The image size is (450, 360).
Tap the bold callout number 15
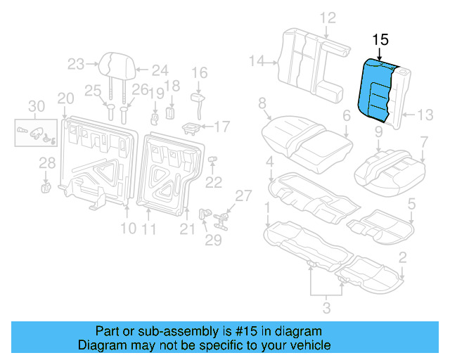pos(380,40)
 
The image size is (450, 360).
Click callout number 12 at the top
pos(328,18)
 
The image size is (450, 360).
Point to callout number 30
pos(36,106)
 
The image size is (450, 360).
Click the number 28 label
pos(46,164)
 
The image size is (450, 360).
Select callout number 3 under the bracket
pos(326,307)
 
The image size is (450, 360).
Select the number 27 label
pos(242,195)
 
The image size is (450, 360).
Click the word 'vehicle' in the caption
pos(311,345)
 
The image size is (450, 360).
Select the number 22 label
pos(213,182)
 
